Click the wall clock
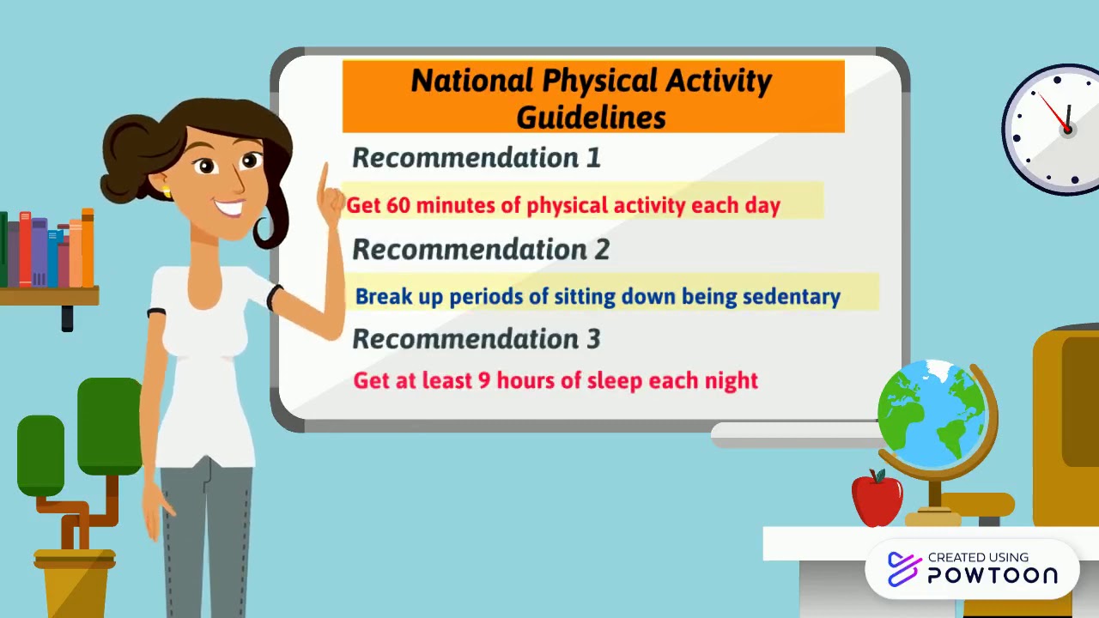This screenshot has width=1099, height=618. [1055, 129]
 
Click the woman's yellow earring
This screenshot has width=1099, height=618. [167, 191]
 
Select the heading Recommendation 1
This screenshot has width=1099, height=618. [477, 158]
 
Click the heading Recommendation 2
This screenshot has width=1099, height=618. [481, 250]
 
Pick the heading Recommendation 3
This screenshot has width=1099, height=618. [477, 339]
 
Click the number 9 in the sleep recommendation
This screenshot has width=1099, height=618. [483, 380]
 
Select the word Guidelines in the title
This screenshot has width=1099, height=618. [591, 117]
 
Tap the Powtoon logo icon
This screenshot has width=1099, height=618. [903, 568]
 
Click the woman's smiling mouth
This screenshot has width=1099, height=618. [229, 207]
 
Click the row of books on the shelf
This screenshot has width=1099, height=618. [48, 250]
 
